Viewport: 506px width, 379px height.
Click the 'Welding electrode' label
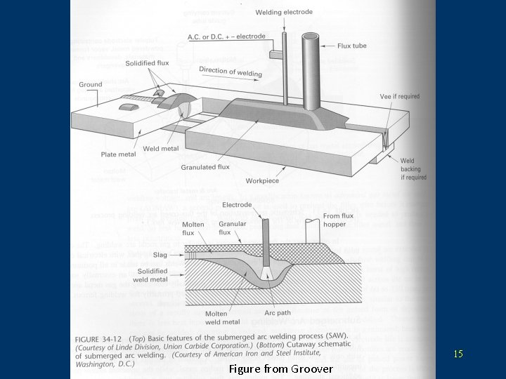click(284, 13)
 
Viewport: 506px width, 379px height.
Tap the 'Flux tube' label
click(351, 46)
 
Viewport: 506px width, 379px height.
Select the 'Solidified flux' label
click(147, 63)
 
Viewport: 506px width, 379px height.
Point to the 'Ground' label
click(91, 85)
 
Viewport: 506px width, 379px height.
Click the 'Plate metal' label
click(118, 154)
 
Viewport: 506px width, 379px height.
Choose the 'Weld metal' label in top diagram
click(161, 149)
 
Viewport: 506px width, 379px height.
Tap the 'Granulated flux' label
click(205, 168)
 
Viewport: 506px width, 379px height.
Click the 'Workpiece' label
click(262, 181)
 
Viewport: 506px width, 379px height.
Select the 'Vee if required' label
click(399, 96)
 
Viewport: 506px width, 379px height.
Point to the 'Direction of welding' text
click(231, 71)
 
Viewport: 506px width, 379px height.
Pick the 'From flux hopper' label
click(339, 220)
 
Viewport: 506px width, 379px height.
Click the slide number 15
click(458, 354)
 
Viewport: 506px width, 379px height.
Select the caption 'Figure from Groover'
click(281, 368)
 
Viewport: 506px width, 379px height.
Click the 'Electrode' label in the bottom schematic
click(237, 205)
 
